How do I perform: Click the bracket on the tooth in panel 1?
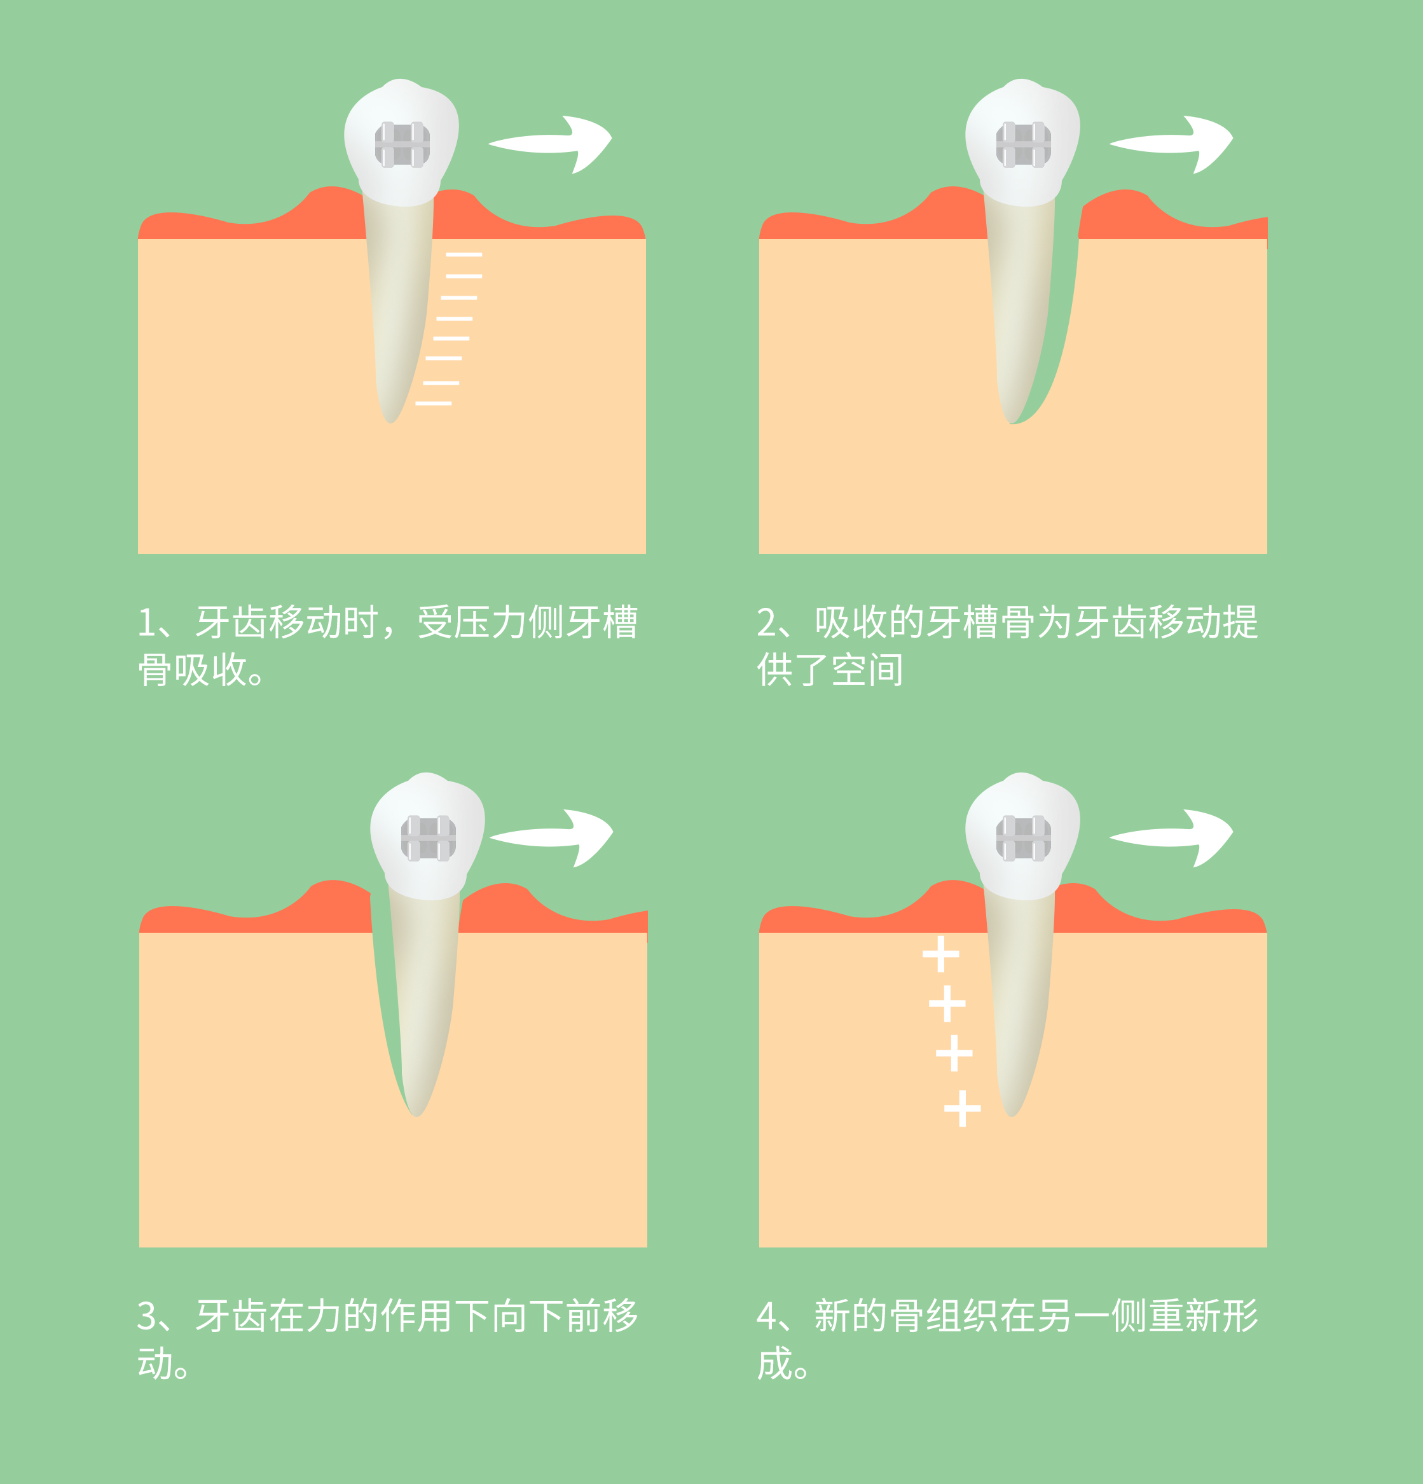coord(402,144)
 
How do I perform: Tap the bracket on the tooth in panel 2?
coord(1023,144)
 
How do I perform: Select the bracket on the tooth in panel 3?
coord(428,838)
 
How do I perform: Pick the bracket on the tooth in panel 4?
coord(1023,838)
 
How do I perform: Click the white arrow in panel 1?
coord(553,143)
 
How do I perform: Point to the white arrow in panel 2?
coord(1174,143)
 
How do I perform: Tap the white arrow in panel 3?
coord(554,837)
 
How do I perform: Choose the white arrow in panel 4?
coord(1174,837)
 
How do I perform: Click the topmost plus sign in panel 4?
coord(940,954)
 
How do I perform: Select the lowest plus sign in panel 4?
coord(963,1108)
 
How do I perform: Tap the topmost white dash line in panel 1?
coord(464,255)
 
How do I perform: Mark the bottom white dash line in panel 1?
coord(434,404)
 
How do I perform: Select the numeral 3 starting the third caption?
coord(147,1317)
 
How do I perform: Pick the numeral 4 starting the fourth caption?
coord(767,1317)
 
